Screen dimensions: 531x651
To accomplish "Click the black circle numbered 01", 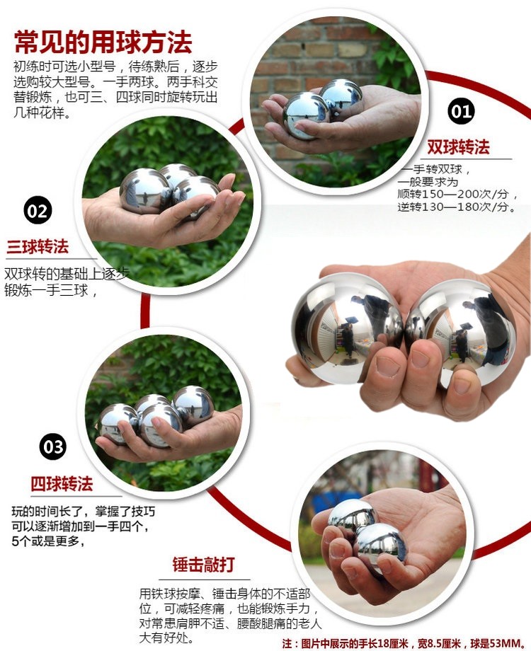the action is click(x=461, y=111).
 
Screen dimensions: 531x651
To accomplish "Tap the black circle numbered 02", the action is click(x=38, y=210).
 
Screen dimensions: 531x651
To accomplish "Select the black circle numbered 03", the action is click(x=53, y=447).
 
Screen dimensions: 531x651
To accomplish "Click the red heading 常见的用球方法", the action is click(x=103, y=42).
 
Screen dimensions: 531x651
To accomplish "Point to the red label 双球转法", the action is click(x=458, y=147).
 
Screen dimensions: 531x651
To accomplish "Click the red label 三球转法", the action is click(x=38, y=247).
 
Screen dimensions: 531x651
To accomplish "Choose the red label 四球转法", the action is click(x=62, y=484).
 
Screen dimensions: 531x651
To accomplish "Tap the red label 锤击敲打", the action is click(x=204, y=565).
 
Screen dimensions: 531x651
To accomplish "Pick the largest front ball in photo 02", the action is click(x=145, y=190).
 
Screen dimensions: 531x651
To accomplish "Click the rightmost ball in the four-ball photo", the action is click(x=193, y=405).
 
